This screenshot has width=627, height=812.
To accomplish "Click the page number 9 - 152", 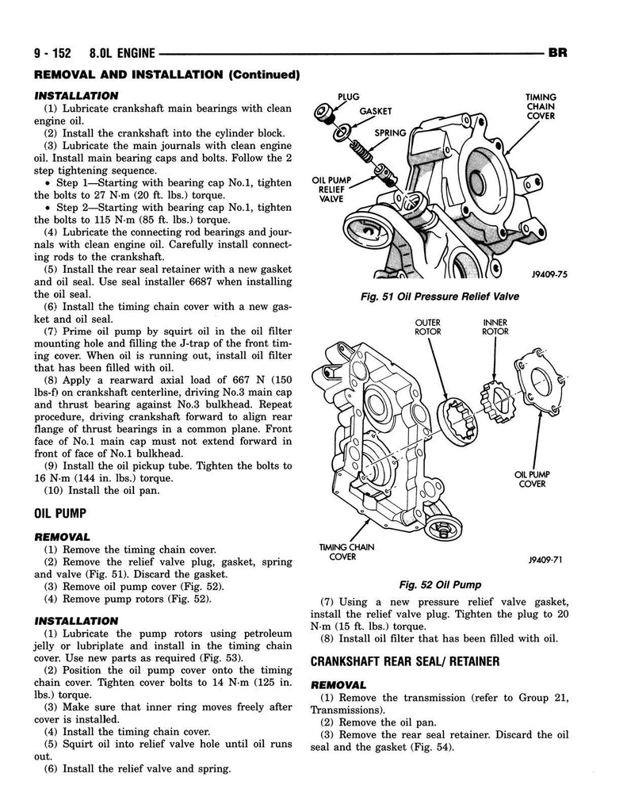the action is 52,53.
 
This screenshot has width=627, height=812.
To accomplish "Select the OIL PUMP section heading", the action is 60,514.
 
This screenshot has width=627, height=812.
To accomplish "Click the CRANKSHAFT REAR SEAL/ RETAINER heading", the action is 405,661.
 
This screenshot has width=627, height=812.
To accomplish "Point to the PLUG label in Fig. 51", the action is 349,97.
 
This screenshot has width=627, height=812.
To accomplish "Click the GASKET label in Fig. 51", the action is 376,111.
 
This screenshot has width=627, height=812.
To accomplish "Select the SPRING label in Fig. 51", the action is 390,133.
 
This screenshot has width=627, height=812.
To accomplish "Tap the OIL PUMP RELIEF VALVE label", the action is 331,190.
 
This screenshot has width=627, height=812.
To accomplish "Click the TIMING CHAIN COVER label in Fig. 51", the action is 541,106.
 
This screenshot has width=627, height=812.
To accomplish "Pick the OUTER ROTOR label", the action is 428,327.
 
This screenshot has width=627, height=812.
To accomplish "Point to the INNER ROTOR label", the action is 495,327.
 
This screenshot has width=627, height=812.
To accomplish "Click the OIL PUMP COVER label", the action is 532,479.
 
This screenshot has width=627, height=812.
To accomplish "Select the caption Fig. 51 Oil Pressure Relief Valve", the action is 440,297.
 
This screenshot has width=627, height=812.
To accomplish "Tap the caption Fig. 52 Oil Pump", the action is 440,584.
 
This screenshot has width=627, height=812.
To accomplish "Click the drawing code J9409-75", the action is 549,274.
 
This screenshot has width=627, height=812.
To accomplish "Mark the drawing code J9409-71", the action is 545,560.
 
